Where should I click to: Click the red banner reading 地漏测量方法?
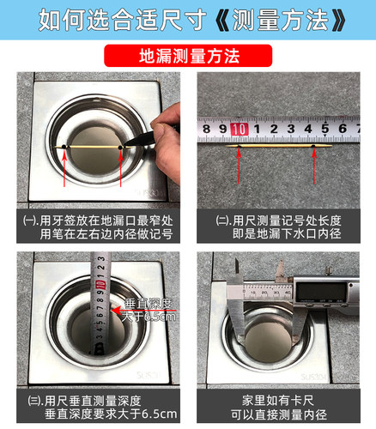click(187, 57)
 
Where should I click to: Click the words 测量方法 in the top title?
click(277, 19)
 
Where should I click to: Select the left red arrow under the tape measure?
click(237, 165)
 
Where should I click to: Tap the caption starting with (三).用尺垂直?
click(94, 402)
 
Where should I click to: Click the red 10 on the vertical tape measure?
click(100, 282)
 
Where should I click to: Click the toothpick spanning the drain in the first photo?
click(92, 148)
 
